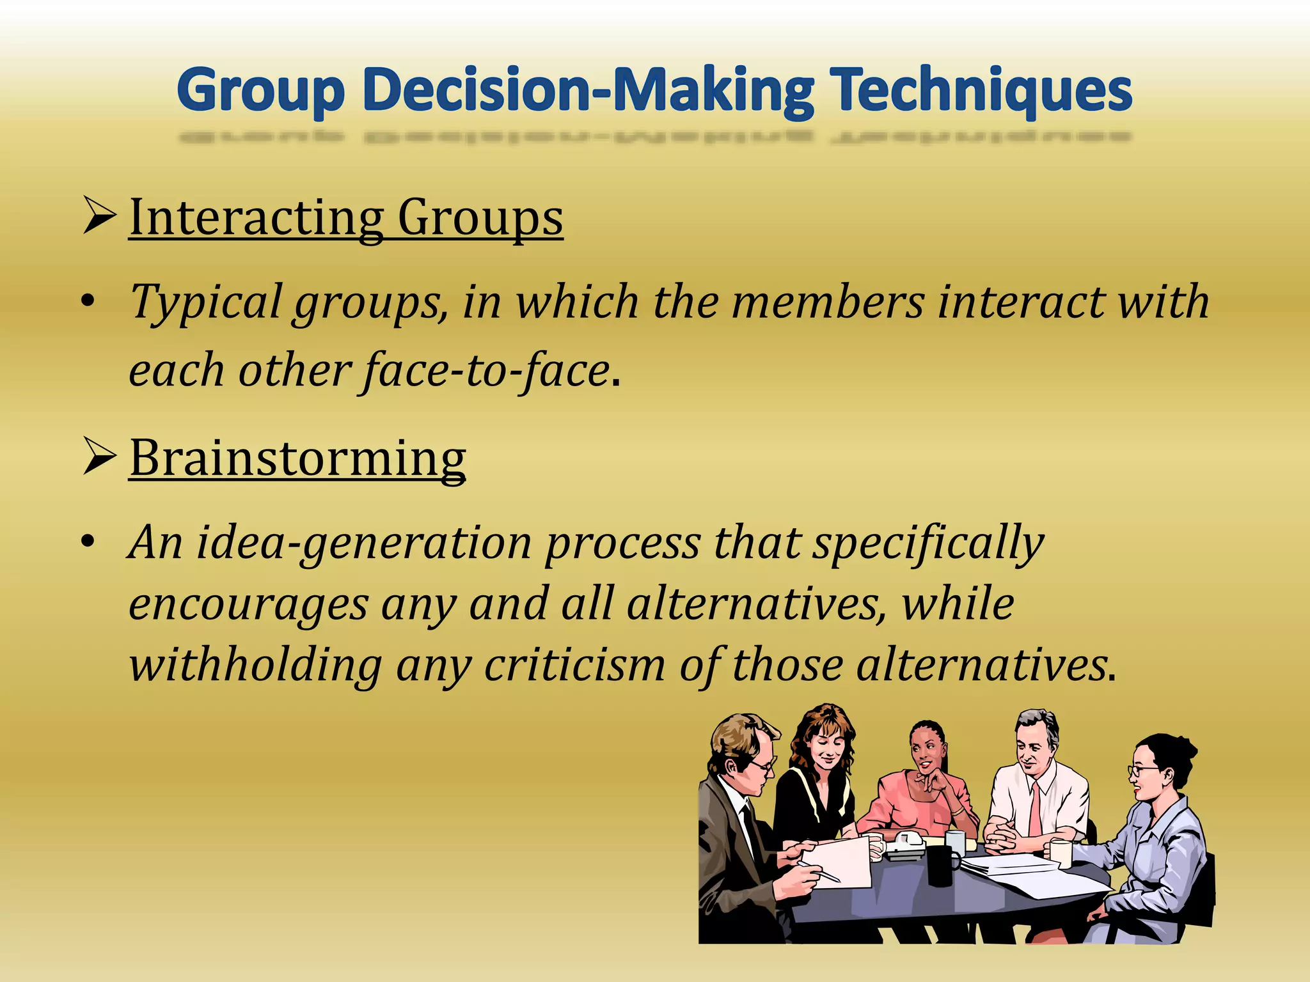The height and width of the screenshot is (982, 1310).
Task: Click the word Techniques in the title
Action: point(981,91)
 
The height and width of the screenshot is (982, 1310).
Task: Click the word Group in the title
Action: point(261,91)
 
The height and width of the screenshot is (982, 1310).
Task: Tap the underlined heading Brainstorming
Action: point(297,458)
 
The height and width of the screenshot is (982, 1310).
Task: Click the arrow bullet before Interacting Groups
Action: point(99,217)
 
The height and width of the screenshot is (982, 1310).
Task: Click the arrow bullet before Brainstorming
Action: point(99,458)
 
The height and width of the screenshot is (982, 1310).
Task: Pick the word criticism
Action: point(574,665)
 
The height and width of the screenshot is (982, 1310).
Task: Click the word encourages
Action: point(248,605)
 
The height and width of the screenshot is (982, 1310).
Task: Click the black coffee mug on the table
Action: point(943,864)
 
